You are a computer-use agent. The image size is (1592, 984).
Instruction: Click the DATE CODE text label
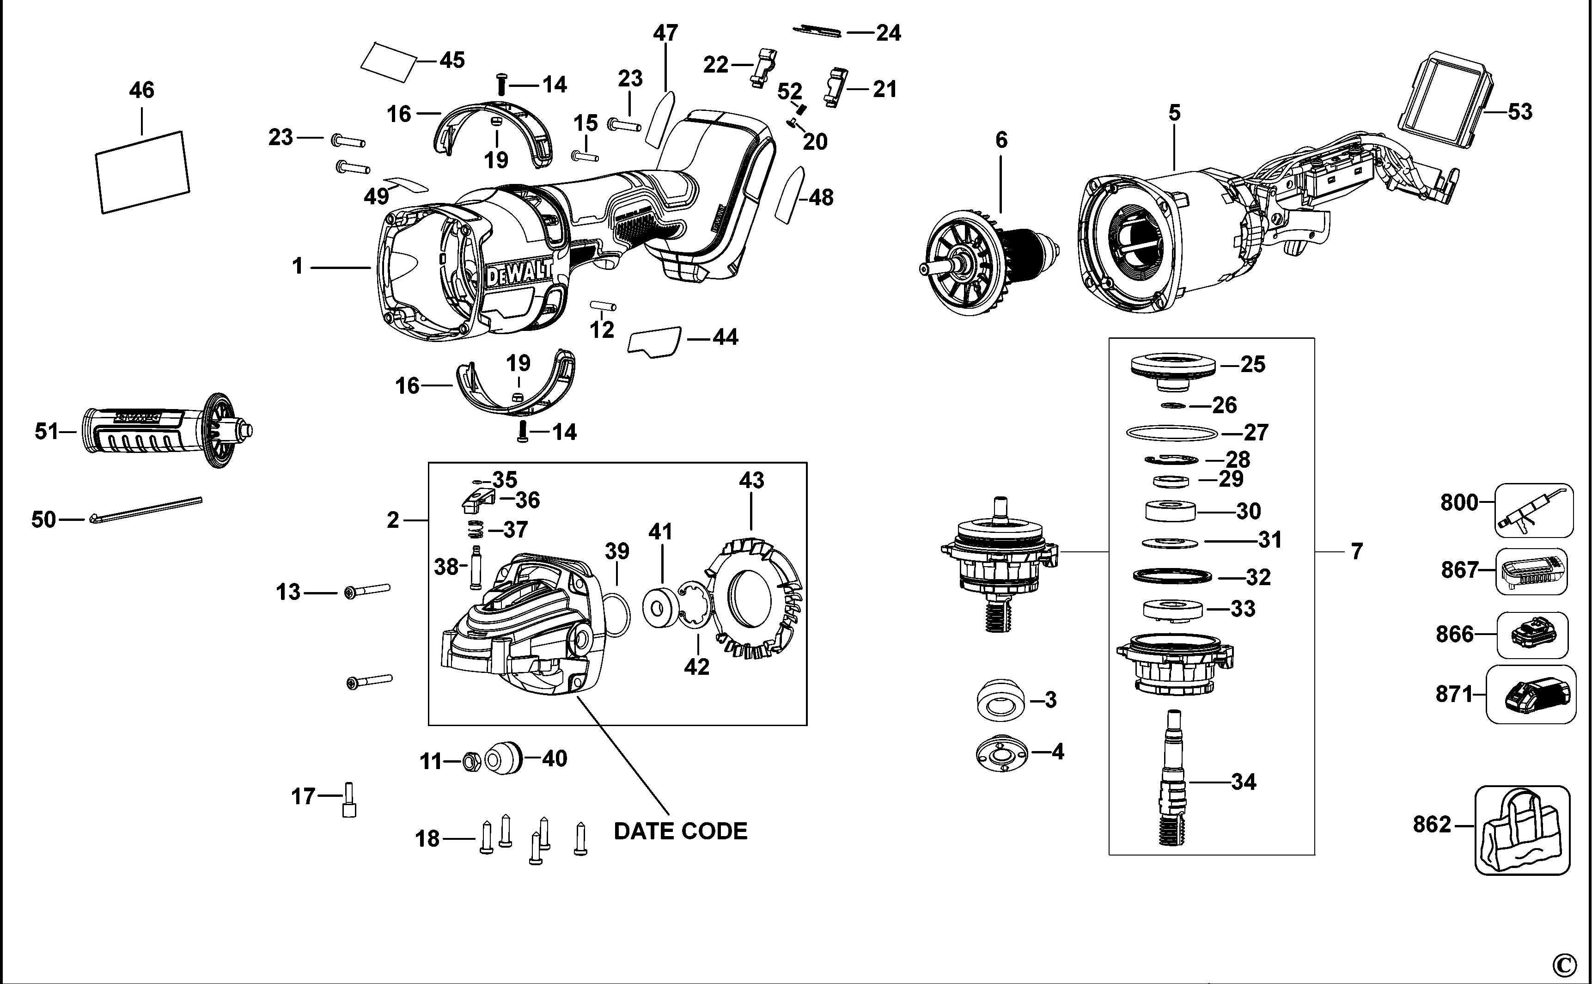pos(681,831)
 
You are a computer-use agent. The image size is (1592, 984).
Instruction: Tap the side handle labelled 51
pos(163,431)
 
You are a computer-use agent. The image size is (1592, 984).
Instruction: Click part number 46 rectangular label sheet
pos(142,172)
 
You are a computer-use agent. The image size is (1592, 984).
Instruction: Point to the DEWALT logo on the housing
pos(518,274)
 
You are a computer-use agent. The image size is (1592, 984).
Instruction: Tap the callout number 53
pos(1520,112)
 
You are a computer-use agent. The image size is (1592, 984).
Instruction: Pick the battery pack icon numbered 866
pos(1532,633)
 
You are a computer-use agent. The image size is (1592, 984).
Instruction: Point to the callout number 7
pos(1356,551)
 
